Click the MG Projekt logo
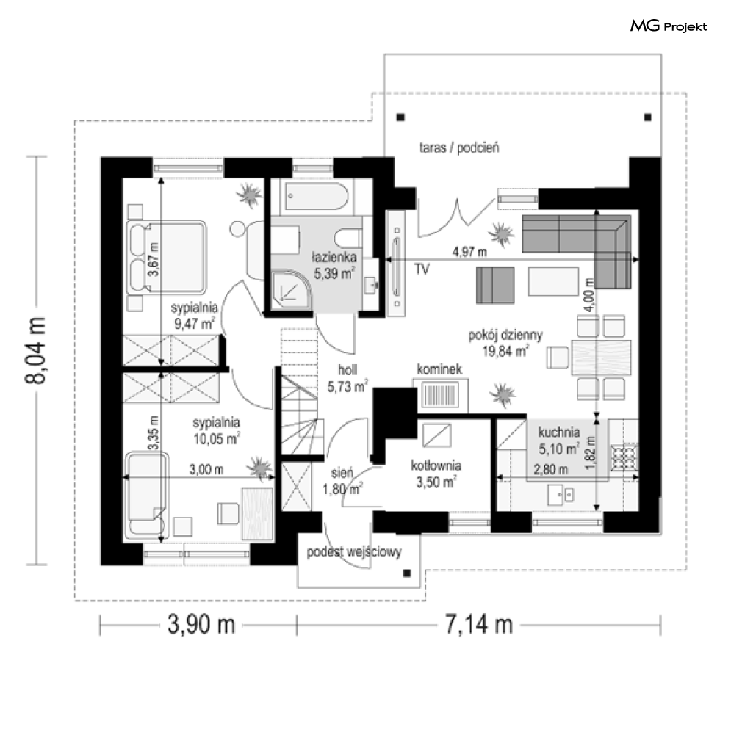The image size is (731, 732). point(669,26)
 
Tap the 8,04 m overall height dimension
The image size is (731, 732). point(35,350)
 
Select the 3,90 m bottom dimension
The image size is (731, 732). point(201,624)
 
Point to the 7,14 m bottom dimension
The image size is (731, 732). point(479,624)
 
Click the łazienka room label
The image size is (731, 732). point(334,257)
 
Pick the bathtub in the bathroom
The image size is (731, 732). point(317,196)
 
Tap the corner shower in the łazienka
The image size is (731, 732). point(290,289)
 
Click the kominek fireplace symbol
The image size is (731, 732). point(440,394)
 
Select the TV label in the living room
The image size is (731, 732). point(421,269)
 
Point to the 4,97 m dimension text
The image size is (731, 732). point(469,252)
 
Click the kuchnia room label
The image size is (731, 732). point(559,432)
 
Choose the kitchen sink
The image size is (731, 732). point(561,495)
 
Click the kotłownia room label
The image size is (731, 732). point(436,465)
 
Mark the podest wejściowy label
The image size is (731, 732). point(354,552)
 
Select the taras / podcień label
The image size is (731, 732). point(459,148)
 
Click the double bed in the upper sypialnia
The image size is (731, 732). point(167,257)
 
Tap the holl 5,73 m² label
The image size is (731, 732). point(347,378)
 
